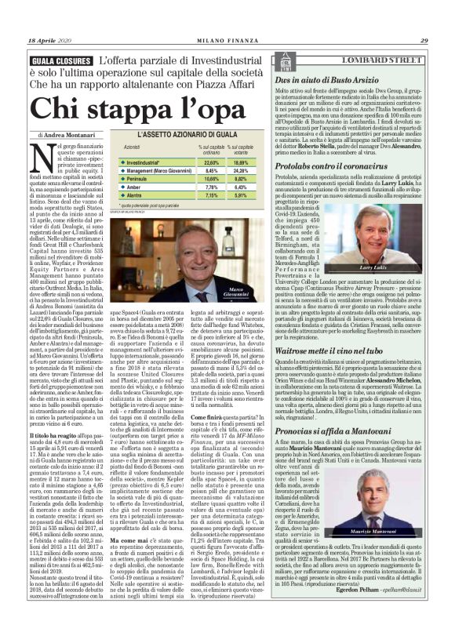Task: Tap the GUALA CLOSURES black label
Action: coord(60,60)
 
